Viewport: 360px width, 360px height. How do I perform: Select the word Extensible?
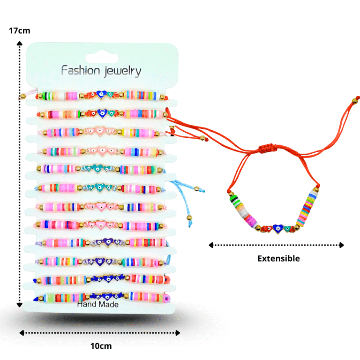[278, 258]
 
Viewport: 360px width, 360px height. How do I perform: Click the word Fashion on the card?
[81, 71]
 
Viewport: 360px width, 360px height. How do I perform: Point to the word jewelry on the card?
[122, 71]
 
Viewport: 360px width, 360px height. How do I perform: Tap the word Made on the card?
[108, 304]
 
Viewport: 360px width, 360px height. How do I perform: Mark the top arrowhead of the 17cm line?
[20, 44]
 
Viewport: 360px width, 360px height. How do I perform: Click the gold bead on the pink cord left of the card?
[22, 97]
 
